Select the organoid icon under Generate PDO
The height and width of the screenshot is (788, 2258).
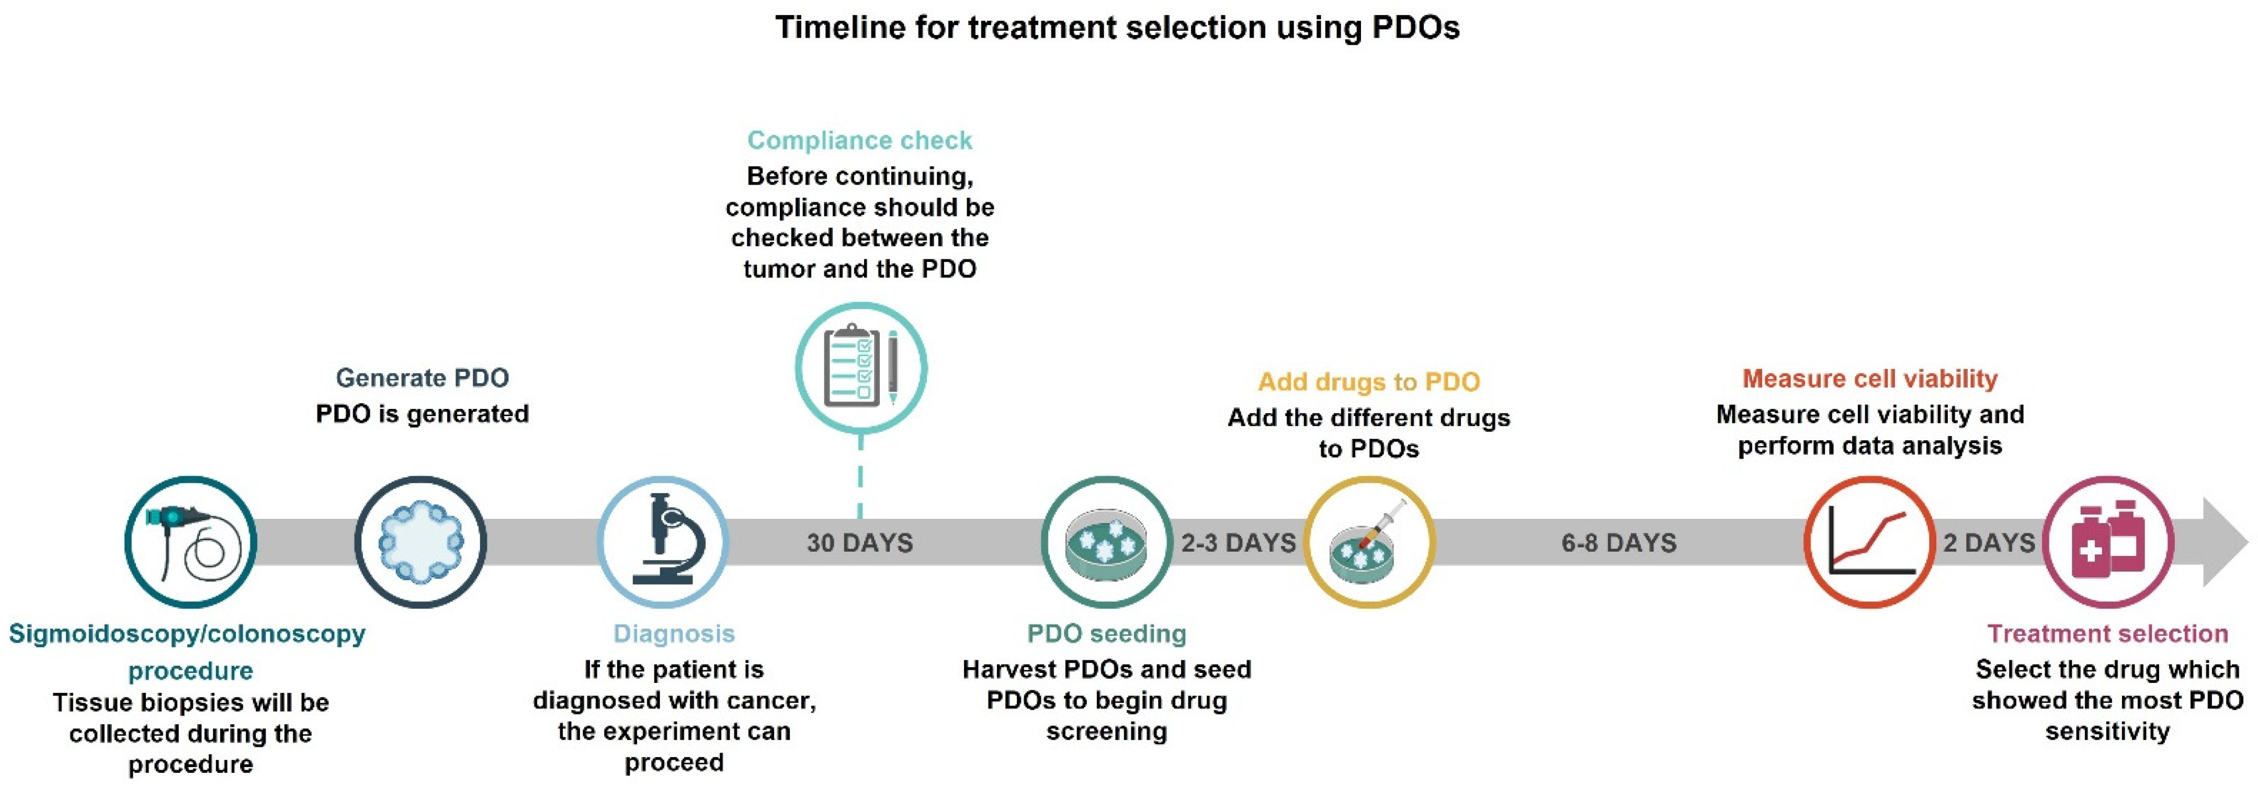pyautogui.click(x=421, y=542)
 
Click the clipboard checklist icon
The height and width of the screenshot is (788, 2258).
pyautogui.click(x=861, y=367)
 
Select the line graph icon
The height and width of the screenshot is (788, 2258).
pyautogui.click(x=1870, y=542)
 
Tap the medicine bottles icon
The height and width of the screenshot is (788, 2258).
pyautogui.click(x=2108, y=542)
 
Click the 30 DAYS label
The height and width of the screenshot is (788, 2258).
pyautogui.click(x=860, y=543)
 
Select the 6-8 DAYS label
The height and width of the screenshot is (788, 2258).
pyautogui.click(x=1619, y=543)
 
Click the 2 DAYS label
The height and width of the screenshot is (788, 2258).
pyautogui.click(x=1989, y=543)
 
